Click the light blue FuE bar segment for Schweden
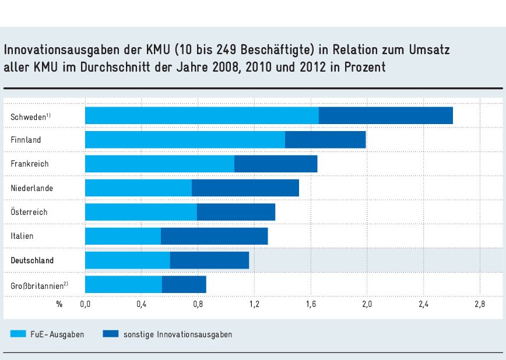(202, 115)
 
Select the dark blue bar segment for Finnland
(325, 140)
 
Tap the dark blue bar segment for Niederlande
(245, 188)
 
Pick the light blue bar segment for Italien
(123, 236)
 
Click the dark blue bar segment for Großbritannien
(184, 284)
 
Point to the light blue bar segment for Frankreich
(160, 164)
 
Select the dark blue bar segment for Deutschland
(209, 260)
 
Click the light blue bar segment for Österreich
(141, 212)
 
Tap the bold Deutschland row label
(32, 260)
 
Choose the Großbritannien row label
(39, 285)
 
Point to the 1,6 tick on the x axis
(311, 304)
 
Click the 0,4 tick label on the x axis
(141, 304)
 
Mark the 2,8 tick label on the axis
(479, 304)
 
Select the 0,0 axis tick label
(85, 304)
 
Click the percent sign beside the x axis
(59, 304)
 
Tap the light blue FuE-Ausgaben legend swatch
(18, 334)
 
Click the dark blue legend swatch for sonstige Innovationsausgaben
(110, 334)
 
